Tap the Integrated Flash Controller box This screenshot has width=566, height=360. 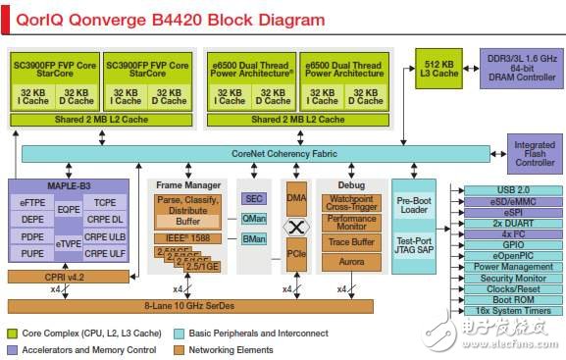click(x=535, y=153)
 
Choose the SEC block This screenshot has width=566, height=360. click(x=253, y=198)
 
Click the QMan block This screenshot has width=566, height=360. click(x=253, y=219)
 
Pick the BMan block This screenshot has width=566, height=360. click(x=253, y=238)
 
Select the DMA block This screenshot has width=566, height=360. click(x=295, y=197)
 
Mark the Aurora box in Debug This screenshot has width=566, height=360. click(x=352, y=263)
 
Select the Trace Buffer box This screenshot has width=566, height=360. click(x=352, y=242)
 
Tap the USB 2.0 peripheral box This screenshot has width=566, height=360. click(x=513, y=189)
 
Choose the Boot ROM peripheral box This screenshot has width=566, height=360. click(x=513, y=300)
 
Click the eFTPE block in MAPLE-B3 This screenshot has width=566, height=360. click(x=33, y=200)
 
